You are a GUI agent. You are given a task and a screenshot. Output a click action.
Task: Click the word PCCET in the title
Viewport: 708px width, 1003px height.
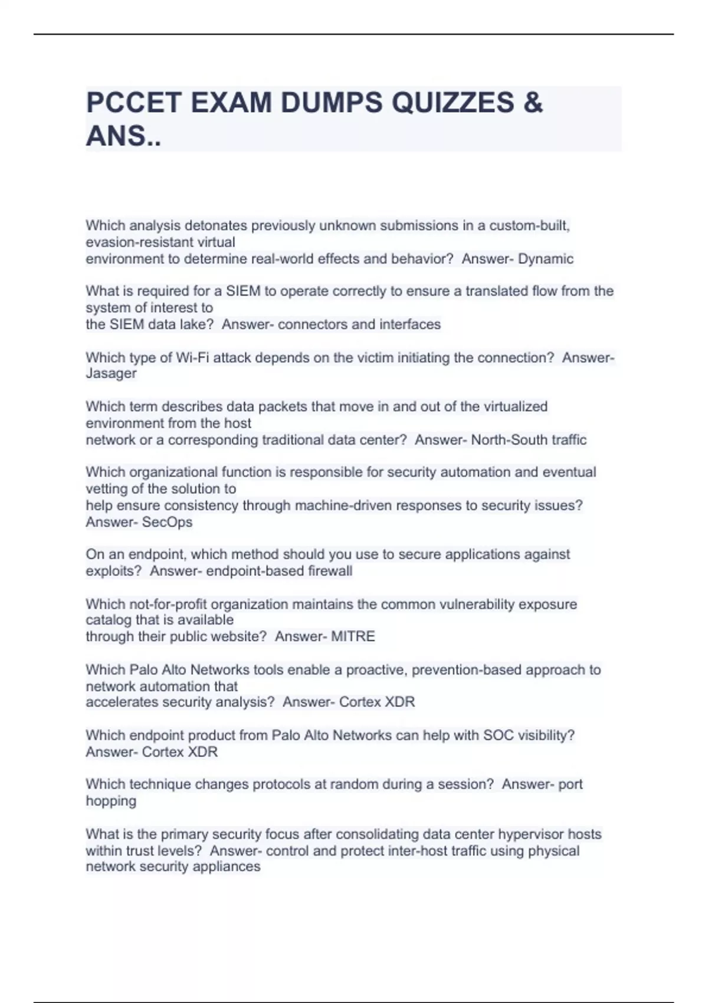pos(133,103)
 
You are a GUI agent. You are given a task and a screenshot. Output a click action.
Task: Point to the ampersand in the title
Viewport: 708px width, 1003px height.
pos(533,103)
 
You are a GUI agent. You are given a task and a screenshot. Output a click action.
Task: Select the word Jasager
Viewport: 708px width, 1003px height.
pos(111,373)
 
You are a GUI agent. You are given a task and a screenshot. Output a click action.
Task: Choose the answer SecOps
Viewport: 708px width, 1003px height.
pos(167,522)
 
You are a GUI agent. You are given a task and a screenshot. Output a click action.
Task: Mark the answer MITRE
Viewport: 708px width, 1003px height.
pos(353,637)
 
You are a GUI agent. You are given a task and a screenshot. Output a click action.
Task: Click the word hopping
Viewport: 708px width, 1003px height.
pos(111,801)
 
